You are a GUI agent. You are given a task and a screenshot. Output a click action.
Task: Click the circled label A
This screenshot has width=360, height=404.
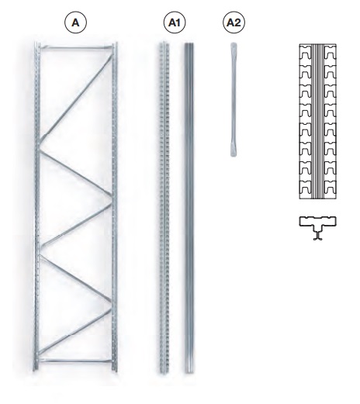pyautogui.click(x=75, y=22)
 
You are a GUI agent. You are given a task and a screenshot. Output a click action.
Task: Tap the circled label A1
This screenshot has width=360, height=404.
pyautogui.click(x=175, y=22)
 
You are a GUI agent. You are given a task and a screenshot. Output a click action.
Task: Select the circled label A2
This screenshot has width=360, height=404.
pyautogui.click(x=234, y=22)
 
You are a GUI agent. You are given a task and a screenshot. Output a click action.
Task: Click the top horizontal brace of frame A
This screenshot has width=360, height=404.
pyautogui.click(x=76, y=47)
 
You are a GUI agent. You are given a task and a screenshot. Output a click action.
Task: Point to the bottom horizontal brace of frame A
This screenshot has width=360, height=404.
pyautogui.click(x=76, y=361)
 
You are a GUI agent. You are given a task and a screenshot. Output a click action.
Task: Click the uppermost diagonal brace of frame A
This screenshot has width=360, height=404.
pyautogui.click(x=76, y=97)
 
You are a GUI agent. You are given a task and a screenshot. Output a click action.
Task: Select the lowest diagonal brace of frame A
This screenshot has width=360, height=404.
pyautogui.click(x=76, y=331)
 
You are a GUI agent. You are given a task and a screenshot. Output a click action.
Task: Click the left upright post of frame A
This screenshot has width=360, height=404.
pyautogui.click(x=37, y=207)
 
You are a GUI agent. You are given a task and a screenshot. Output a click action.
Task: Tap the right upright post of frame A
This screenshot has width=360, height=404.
pyautogui.click(x=115, y=207)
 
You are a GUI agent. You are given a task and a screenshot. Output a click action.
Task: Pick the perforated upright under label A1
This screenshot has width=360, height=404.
pyautogui.click(x=164, y=208)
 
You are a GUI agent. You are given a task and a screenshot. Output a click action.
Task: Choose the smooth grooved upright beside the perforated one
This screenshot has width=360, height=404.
pyautogui.click(x=189, y=208)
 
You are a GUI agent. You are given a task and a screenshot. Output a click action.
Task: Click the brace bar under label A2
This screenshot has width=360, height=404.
pyautogui.click(x=234, y=99)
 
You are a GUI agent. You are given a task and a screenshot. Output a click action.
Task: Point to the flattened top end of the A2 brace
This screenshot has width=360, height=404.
pyautogui.click(x=234, y=47)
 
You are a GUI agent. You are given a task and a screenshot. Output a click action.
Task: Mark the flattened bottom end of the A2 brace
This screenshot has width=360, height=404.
pyautogui.click(x=234, y=151)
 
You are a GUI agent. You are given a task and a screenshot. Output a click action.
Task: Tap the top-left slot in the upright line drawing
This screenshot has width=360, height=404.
pyautogui.click(x=306, y=54)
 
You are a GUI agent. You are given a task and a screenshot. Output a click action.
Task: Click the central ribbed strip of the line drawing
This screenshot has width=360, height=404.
pyautogui.click(x=318, y=122)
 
